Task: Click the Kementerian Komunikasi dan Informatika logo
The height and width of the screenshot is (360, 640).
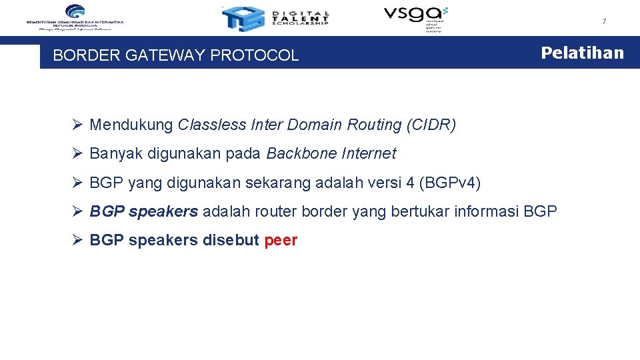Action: point(75,17)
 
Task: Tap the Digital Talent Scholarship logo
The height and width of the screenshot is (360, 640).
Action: point(275,18)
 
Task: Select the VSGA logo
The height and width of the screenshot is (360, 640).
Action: point(415,17)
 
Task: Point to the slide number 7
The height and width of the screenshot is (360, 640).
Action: point(604,21)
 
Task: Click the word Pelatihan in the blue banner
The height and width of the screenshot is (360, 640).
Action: point(582,53)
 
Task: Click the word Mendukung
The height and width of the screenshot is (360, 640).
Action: point(131,125)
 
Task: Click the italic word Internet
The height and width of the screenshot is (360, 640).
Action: point(369,154)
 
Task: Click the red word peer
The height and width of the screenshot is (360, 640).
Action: point(281,241)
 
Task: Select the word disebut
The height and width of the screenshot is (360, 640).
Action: point(230,241)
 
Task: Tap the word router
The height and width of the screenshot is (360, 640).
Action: point(277,211)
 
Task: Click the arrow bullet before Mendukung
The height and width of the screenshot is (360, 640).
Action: point(77,125)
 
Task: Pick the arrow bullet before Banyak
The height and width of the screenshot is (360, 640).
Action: point(77,154)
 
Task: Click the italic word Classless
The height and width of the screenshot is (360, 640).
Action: point(212,125)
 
